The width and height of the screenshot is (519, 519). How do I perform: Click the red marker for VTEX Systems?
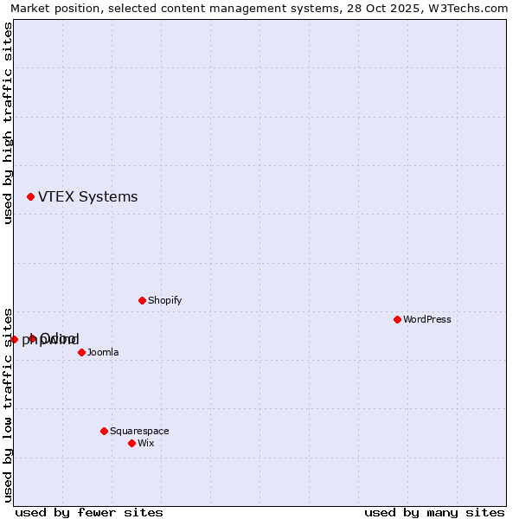[30, 197]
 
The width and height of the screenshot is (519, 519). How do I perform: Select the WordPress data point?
[397, 320]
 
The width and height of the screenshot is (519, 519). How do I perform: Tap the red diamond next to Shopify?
[142, 301]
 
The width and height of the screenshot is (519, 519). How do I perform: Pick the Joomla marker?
[81, 352]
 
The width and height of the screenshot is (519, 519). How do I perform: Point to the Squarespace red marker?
[104, 431]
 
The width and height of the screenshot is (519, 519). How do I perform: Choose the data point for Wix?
[131, 443]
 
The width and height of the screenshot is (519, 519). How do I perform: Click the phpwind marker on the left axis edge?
[14, 340]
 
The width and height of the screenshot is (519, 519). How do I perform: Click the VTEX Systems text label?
[87, 197]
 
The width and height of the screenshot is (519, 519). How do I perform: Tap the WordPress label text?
[426, 320]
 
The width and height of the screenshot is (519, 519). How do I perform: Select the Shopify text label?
[164, 301]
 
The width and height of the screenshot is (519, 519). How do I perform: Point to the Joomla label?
[103, 352]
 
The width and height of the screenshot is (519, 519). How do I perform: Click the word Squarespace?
[139, 431]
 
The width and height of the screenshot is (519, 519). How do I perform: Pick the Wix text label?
[145, 443]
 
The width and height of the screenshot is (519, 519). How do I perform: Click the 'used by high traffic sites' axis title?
[8, 123]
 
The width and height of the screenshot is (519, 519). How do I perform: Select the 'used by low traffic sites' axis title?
[8, 404]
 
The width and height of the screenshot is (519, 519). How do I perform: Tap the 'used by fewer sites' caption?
[89, 512]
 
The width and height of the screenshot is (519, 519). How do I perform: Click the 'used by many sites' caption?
[434, 512]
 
